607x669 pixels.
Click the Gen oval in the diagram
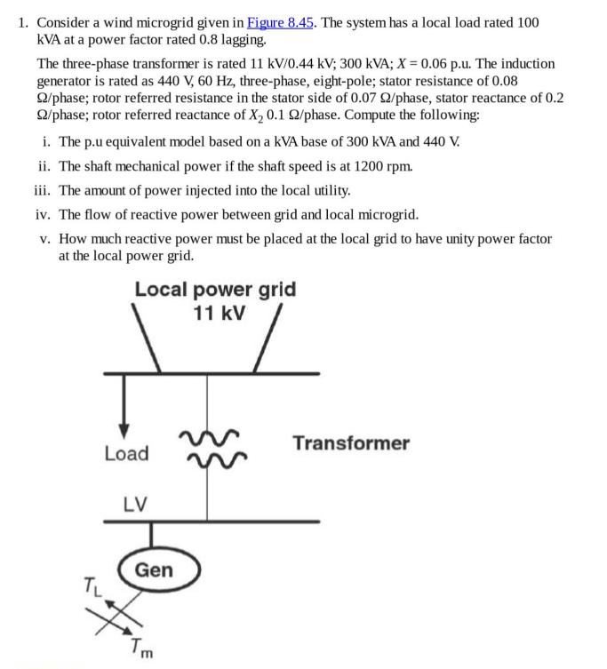click(154, 570)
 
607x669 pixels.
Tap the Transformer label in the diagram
click(351, 442)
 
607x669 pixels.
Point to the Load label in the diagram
click(126, 453)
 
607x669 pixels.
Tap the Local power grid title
click(215, 290)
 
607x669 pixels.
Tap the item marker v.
click(45, 239)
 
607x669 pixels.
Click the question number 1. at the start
click(24, 22)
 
